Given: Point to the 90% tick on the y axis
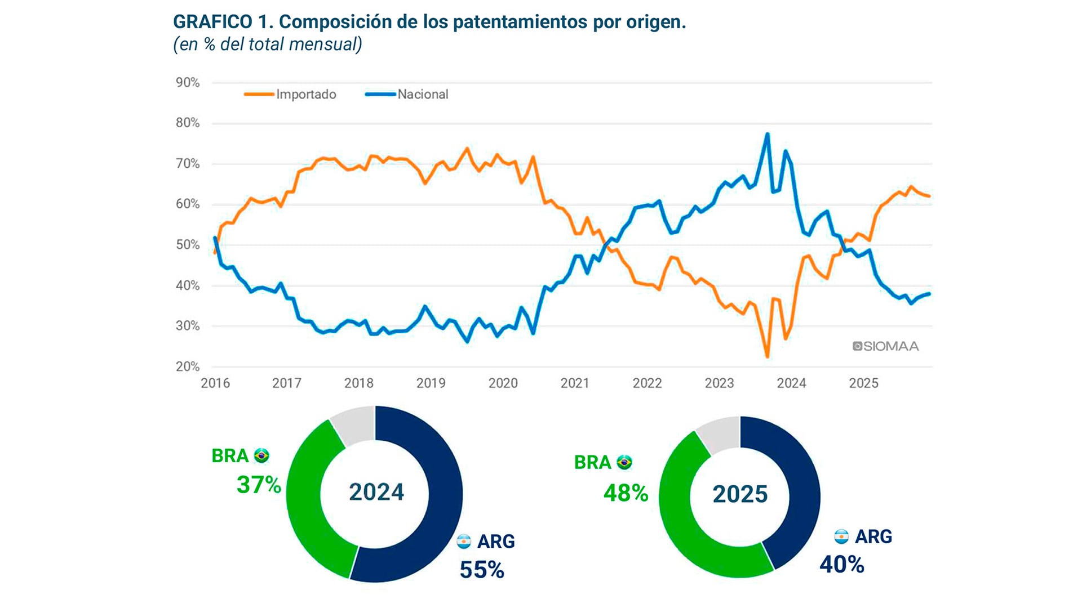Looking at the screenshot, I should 188,83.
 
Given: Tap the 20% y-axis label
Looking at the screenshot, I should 188,366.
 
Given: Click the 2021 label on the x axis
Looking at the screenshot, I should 575,383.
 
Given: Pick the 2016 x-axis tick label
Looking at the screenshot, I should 215,383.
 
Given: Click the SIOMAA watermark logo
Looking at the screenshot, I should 885,346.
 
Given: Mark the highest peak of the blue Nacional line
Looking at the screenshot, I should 767,135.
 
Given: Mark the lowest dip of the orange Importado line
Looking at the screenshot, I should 767,356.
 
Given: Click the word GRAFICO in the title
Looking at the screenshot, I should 212,22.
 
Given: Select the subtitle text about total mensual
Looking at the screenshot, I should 268,44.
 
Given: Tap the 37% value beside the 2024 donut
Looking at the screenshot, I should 259,485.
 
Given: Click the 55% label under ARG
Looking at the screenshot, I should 482,570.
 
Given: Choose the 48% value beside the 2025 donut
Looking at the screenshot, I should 626,493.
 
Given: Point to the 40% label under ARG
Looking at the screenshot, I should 842,565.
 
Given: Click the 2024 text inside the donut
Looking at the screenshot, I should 376,492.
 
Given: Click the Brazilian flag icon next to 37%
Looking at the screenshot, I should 261,455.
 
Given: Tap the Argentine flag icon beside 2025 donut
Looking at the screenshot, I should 841,537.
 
